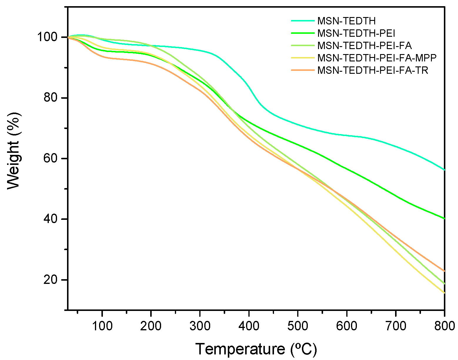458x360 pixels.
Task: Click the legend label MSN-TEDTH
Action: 346,21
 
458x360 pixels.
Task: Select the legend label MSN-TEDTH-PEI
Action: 356,33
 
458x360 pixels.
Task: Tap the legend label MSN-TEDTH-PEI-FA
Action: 365,46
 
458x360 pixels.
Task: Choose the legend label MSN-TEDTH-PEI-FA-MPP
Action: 377,58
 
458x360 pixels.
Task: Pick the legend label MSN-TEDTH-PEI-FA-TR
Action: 373,70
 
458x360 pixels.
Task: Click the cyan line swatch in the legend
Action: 303,21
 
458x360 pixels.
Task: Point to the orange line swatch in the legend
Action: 303,70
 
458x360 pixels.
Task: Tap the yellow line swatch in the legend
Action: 303,58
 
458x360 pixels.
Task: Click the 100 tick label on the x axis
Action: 102,326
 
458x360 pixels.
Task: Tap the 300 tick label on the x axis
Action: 200,326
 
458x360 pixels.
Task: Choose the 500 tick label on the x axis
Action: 298,326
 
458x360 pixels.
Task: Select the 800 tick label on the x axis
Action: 444,326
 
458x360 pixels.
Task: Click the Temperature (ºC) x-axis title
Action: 256,349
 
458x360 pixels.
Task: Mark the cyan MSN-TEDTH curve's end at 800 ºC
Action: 444,170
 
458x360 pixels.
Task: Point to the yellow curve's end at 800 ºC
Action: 444,293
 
